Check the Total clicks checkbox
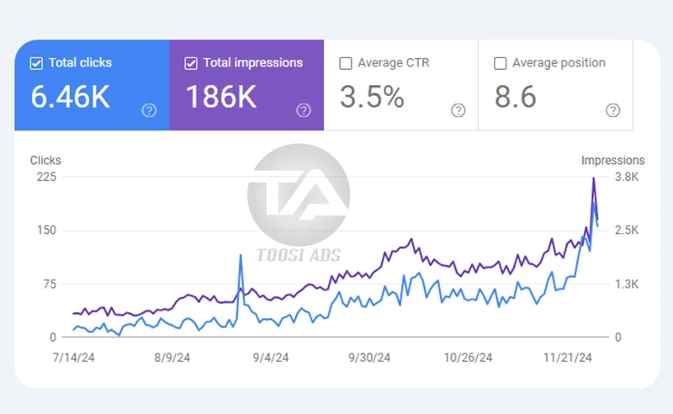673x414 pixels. point(36,63)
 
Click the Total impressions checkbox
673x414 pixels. point(191,63)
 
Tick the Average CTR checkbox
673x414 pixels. point(345,63)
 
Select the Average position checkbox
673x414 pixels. point(500,63)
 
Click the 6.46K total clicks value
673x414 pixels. point(71,98)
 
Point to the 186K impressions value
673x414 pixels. point(220,98)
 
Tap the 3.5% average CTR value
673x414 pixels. point(372,98)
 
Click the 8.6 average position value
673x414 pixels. point(516,98)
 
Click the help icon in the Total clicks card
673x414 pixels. point(149,110)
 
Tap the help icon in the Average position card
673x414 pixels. point(613,110)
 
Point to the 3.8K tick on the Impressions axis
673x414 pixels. point(628,177)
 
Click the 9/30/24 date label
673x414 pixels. point(369,358)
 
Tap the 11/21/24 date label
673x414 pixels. point(570,358)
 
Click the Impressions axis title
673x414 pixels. point(612,160)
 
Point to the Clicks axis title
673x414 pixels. point(45,160)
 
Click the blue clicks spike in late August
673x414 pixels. point(241,256)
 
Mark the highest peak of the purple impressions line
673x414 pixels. point(594,178)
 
